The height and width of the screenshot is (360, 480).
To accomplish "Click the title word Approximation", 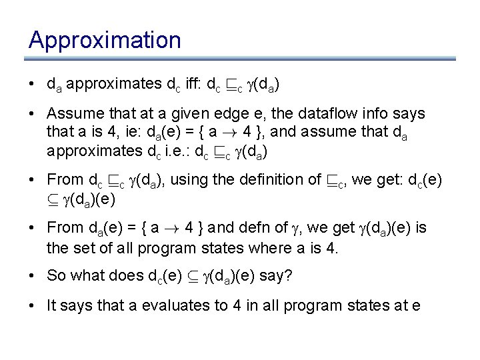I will point(105,41).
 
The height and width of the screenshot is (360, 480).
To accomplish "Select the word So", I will point(55,276).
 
